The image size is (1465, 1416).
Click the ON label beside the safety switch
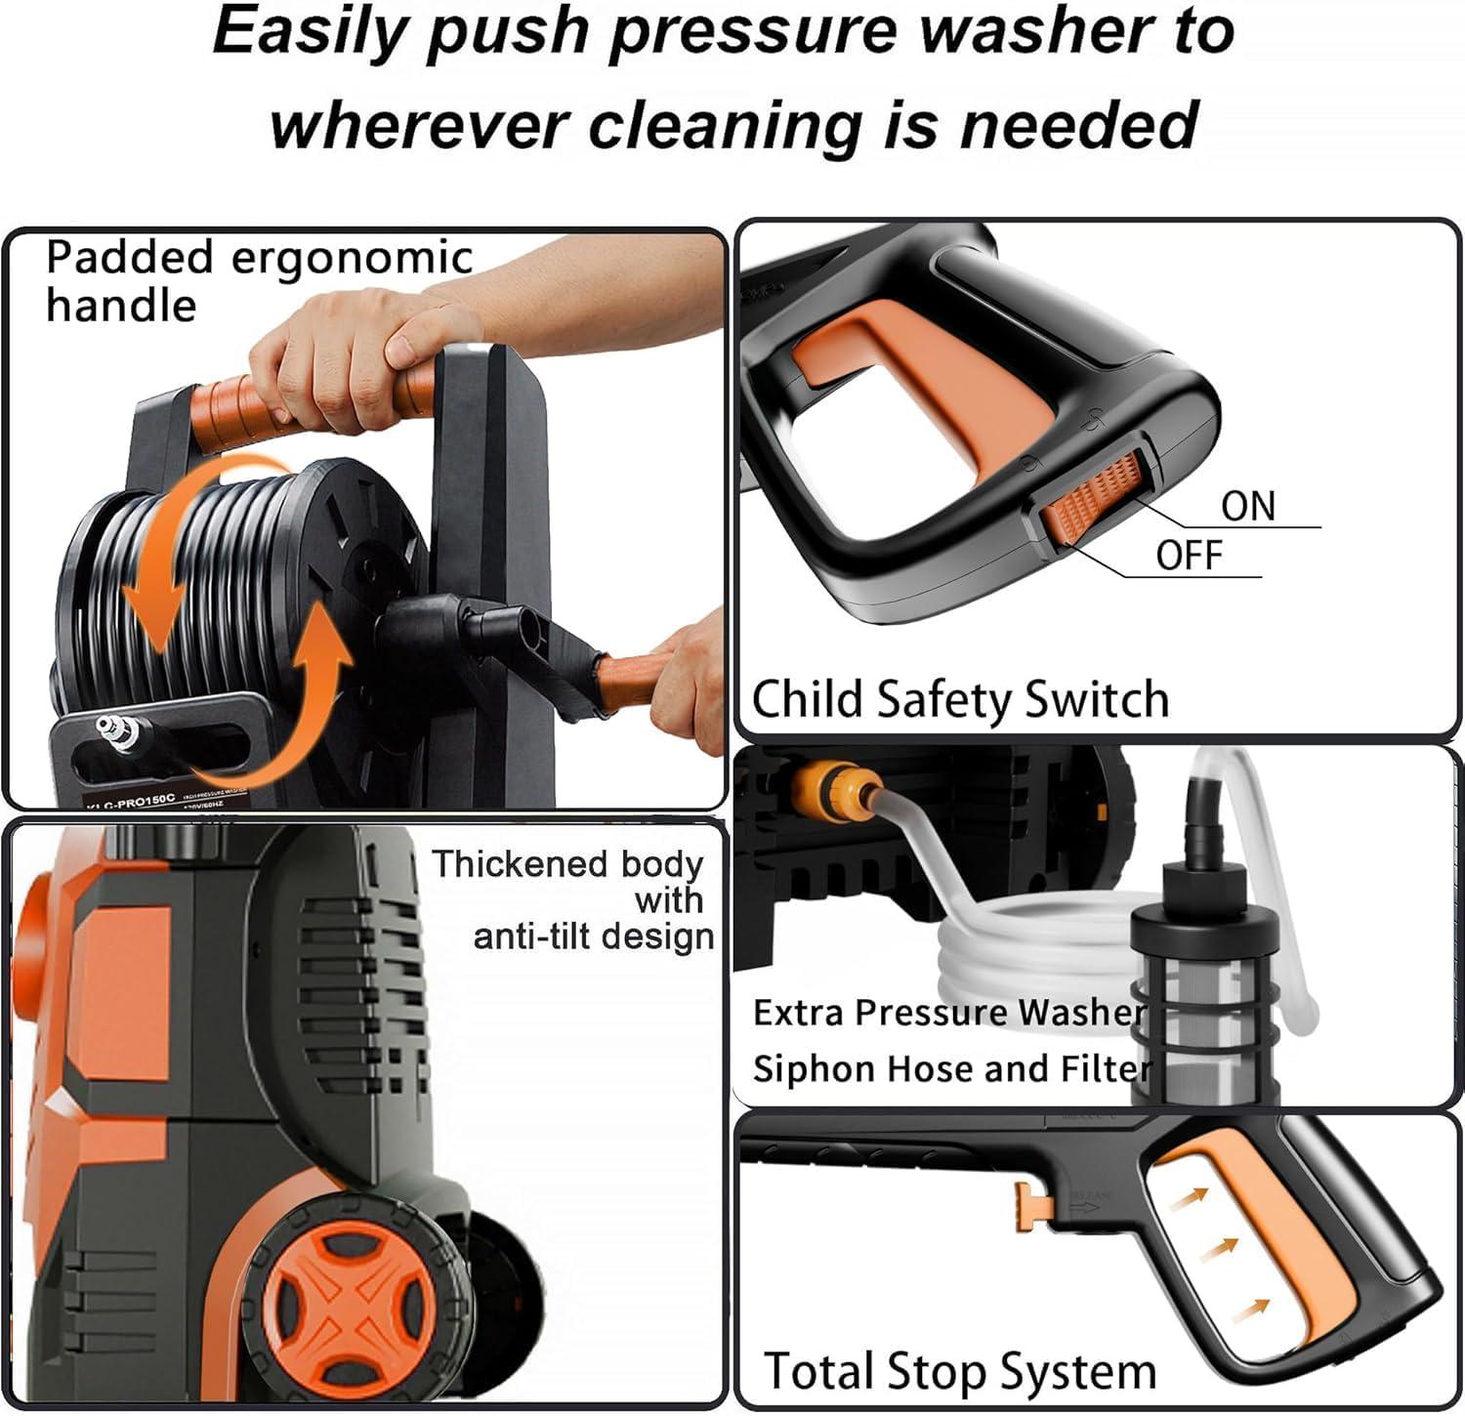[x=1247, y=507]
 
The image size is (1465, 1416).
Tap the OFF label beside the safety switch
[x=1189, y=556]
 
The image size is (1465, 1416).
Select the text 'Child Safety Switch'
[x=960, y=700]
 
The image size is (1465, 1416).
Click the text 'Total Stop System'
[x=959, y=1371]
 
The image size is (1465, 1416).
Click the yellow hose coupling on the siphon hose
[x=830, y=780]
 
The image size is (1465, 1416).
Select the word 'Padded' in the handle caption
[x=129, y=259]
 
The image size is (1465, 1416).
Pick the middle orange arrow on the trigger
[x=1216, y=1249]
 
